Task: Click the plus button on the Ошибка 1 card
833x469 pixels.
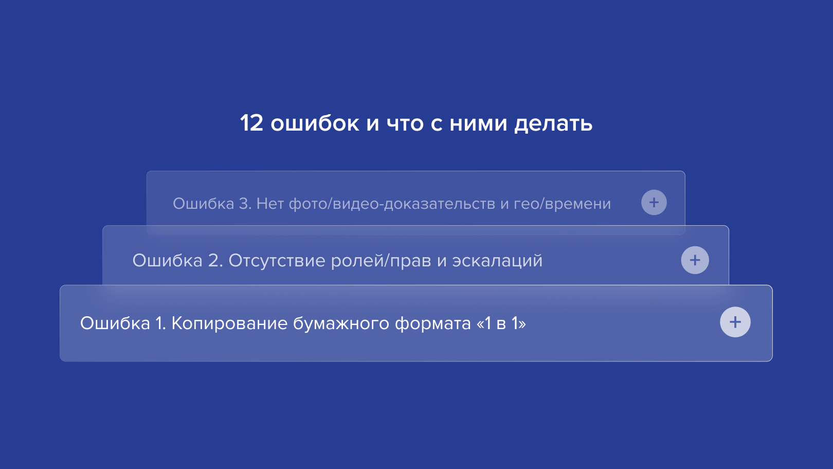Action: pos(735,322)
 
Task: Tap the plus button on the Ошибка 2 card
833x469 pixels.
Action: pos(695,260)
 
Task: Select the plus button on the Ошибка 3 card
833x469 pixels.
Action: pos(654,202)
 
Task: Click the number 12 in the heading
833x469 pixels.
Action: pos(252,123)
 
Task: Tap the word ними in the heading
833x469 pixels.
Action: pos(478,124)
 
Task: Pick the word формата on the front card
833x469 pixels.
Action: pos(433,324)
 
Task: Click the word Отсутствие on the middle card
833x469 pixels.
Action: pos(277,260)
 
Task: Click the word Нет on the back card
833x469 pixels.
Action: pos(270,204)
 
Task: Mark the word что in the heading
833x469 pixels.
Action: pos(405,124)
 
